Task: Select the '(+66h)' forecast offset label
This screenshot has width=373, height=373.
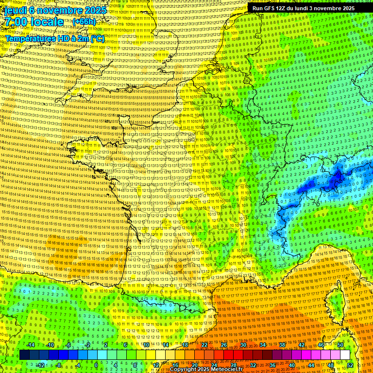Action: [x=84, y=22]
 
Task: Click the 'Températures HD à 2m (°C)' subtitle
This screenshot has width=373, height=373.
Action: [x=54, y=39]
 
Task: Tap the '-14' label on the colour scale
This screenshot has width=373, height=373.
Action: [x=31, y=345]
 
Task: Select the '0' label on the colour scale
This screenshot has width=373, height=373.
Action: [x=96, y=365]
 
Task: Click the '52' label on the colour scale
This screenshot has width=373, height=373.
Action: [x=350, y=365]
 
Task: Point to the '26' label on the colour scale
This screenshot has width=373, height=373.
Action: [x=224, y=345]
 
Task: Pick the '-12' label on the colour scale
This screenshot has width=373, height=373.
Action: [x=40, y=365]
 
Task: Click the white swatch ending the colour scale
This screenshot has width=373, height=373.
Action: [x=345, y=355]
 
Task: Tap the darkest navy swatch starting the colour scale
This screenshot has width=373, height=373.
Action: [x=25, y=355]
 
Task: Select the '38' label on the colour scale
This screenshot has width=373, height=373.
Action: [x=282, y=345]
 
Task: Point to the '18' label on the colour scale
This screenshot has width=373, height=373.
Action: [x=185, y=345]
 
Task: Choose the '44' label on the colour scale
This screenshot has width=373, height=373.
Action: [x=311, y=365]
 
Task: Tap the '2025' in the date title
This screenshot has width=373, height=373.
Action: [x=95, y=10]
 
